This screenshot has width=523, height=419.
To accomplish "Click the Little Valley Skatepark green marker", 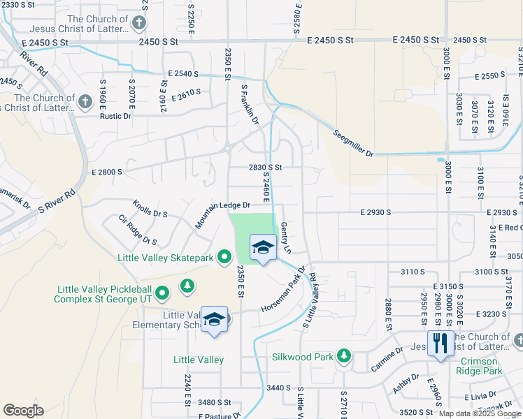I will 224,258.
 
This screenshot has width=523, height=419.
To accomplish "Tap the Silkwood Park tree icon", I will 343,356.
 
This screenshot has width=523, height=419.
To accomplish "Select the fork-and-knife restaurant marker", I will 440,344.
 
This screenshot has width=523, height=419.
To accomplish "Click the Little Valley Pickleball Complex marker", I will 162,293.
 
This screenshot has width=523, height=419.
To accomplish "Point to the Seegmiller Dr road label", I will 353,142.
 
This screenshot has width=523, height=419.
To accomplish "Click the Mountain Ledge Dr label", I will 222,213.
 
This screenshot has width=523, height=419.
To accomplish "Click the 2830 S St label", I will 265,168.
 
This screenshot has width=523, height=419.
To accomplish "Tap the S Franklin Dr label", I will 250,105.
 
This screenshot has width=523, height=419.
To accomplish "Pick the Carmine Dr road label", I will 387,358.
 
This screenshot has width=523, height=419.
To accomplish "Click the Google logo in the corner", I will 23,410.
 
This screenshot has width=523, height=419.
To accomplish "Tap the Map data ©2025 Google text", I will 480,413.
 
